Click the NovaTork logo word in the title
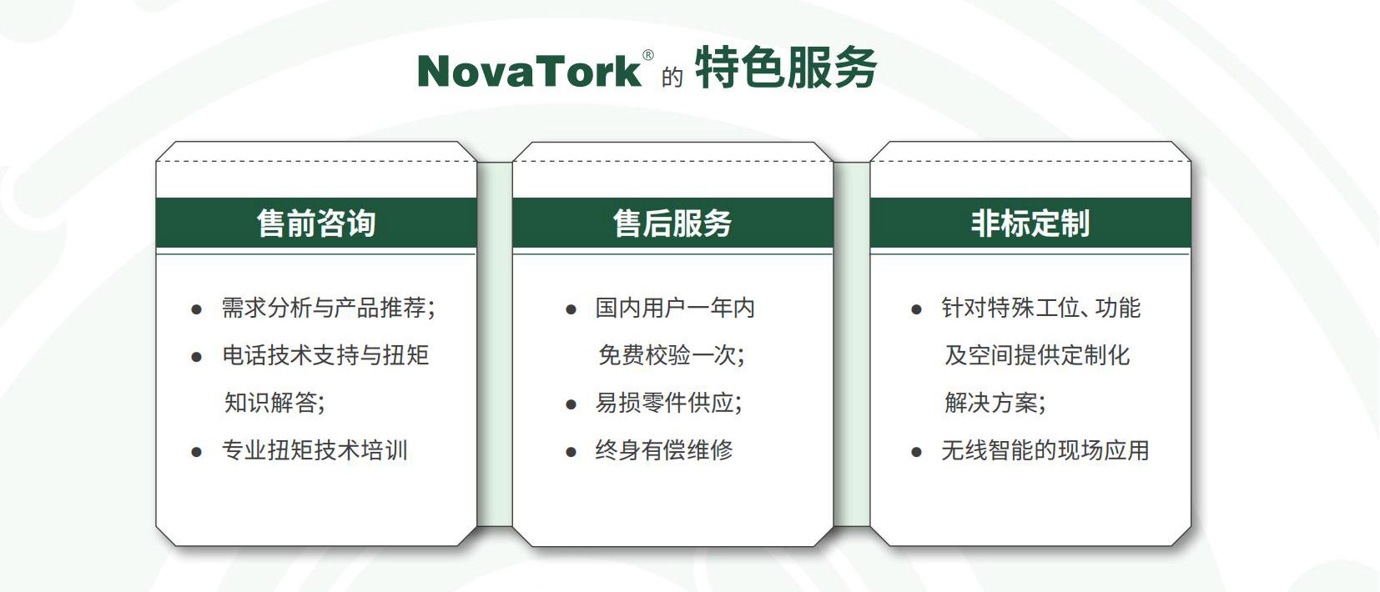pyautogui.click(x=529, y=72)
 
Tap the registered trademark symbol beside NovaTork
pyautogui.click(x=648, y=55)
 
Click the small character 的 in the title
pyautogui.click(x=672, y=78)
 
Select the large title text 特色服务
pyautogui.click(x=786, y=68)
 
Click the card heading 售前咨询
pyautogui.click(x=316, y=223)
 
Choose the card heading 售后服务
pyautogui.click(x=672, y=223)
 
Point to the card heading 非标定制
pyautogui.click(x=1030, y=223)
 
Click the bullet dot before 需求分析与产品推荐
pyautogui.click(x=197, y=309)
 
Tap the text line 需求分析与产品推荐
pyautogui.click(x=329, y=308)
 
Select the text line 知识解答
pyautogui.click(x=274, y=403)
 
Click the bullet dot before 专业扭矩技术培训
pyautogui.click(x=197, y=452)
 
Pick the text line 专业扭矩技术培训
pyautogui.click(x=315, y=450)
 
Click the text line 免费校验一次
pyautogui.click(x=671, y=355)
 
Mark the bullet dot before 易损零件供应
pyautogui.click(x=571, y=405)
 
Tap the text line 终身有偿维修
pyautogui.click(x=664, y=450)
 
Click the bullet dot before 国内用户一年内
pyautogui.click(x=571, y=309)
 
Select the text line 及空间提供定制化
pyautogui.click(x=1037, y=355)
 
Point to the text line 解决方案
pyautogui.click(x=995, y=403)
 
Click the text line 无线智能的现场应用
pyautogui.click(x=1045, y=450)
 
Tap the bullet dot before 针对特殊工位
pyautogui.click(x=916, y=309)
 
